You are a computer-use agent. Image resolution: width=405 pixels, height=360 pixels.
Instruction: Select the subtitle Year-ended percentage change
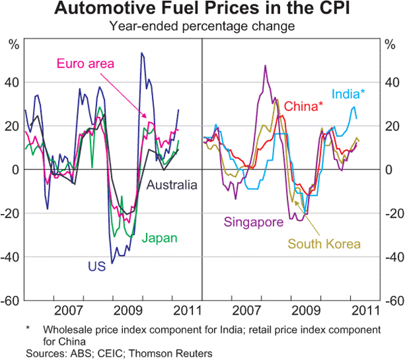[202, 27]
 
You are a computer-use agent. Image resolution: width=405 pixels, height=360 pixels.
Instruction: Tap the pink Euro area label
[84, 64]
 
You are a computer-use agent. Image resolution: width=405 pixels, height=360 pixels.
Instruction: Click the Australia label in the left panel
[172, 184]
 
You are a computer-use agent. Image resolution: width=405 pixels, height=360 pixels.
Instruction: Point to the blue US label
[96, 266]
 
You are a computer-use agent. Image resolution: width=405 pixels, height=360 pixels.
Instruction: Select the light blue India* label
[348, 95]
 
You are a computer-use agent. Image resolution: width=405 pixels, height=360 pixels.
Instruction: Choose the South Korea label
[325, 244]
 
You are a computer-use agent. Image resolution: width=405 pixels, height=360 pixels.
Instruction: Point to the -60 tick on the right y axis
[391, 301]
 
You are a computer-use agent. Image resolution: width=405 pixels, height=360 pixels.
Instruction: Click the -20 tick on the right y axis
[391, 213]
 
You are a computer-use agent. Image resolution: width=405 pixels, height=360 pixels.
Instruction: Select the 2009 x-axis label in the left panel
[128, 311]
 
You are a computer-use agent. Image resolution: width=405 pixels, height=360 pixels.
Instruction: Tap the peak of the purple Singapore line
[265, 66]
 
